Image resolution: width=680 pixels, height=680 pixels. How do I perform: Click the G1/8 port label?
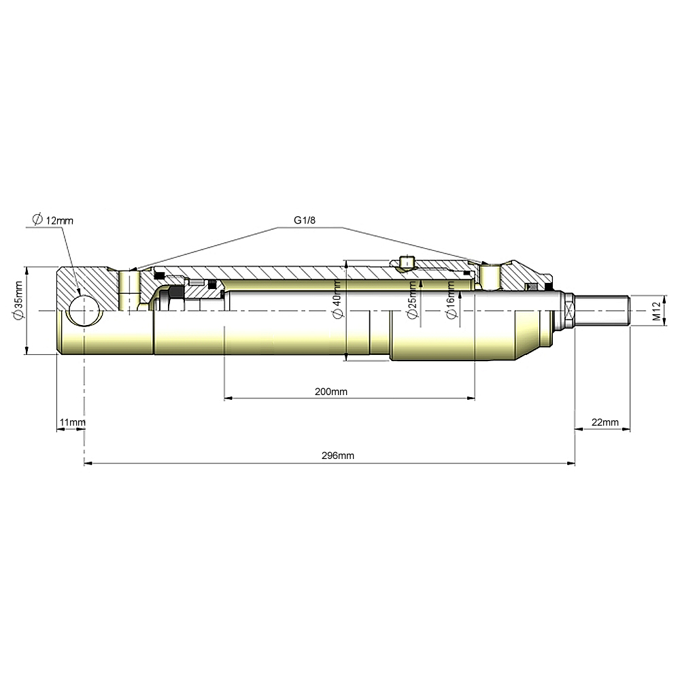[x=305, y=220]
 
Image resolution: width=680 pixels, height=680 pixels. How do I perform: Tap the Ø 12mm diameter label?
[x=53, y=220]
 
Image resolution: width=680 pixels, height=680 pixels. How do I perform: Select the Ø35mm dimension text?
[x=18, y=301]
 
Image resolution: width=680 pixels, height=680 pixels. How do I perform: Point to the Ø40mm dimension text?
[x=337, y=300]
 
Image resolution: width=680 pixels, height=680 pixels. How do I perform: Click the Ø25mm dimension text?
[x=413, y=300]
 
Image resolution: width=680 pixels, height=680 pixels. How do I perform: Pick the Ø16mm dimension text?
[x=452, y=300]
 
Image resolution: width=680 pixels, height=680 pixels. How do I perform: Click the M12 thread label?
[x=657, y=311]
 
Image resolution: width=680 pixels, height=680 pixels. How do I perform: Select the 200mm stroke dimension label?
[x=331, y=392]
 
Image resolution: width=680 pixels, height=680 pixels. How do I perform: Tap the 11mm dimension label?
[x=73, y=422]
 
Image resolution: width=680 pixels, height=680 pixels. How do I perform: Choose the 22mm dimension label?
[x=605, y=422]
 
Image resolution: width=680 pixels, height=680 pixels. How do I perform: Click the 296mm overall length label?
[x=338, y=456]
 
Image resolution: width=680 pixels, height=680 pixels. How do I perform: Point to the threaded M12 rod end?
[x=602, y=311]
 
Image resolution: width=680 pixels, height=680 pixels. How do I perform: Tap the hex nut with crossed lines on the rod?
[x=568, y=311]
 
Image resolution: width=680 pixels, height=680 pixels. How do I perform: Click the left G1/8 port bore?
[x=129, y=290]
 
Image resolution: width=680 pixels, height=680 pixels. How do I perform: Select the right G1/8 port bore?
[x=490, y=277]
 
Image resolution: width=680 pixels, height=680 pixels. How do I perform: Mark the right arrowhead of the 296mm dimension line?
[x=571, y=464]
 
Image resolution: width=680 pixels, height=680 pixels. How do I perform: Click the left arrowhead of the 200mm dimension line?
[x=228, y=398]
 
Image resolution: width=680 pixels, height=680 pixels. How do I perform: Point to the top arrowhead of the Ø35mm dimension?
[x=27, y=271]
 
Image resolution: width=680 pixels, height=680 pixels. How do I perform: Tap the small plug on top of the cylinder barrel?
[x=407, y=262]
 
